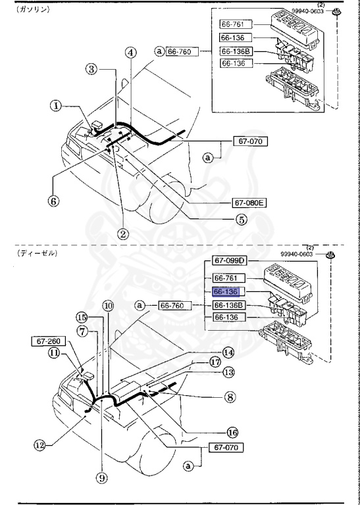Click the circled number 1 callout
57,105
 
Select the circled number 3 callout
91,69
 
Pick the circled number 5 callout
242,220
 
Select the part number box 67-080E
248,203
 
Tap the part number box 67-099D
229,260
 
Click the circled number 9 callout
101,479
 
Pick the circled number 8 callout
230,397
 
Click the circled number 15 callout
81,316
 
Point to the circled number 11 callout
52,353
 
